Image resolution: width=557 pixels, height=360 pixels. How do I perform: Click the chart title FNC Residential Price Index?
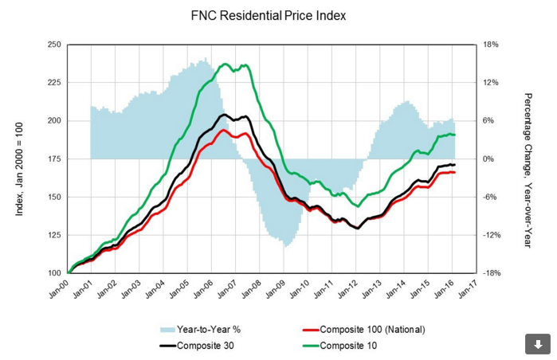coord(278,15)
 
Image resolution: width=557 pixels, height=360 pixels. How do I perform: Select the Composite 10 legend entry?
coord(348,346)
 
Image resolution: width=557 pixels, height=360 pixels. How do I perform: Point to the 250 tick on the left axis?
coord(55,45)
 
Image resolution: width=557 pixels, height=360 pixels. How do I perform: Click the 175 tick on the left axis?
coord(55,159)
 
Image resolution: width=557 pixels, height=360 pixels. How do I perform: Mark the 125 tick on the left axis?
coord(55,235)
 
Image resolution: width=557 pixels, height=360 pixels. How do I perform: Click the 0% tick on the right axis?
coord(490,159)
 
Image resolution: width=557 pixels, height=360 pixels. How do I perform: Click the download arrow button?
coord(537,343)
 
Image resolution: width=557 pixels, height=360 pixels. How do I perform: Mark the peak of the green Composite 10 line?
coord(226,64)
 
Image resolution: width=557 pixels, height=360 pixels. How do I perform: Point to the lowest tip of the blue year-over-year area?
coord(285,246)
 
